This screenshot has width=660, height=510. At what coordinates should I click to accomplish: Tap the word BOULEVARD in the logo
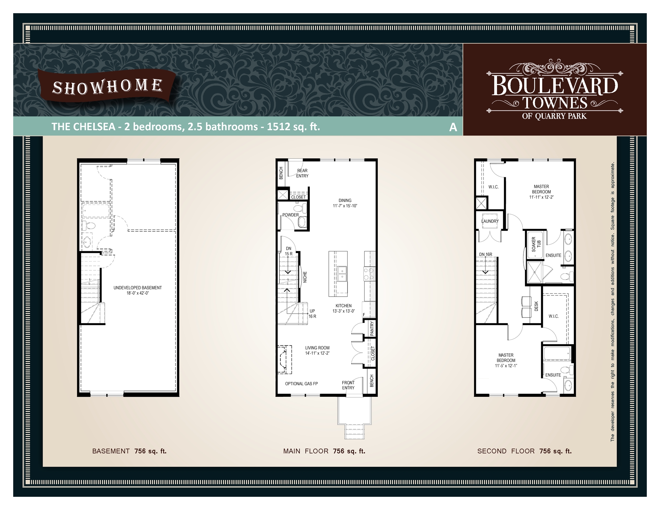tap(554, 86)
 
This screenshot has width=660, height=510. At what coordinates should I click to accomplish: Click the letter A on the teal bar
tap(453, 127)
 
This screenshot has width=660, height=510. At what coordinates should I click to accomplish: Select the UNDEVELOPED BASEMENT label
tap(138, 288)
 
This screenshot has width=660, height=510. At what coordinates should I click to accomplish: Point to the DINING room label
tap(345, 200)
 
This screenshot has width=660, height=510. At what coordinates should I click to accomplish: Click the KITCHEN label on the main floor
tap(344, 306)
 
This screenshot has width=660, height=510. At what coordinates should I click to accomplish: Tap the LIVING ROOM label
tap(317, 348)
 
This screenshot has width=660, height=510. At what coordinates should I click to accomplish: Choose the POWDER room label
tap(290, 215)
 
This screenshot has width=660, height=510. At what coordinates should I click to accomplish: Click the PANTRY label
tap(372, 328)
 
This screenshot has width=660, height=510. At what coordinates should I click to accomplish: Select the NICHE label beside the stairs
tap(305, 277)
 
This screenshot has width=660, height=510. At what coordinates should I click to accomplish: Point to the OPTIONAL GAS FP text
tap(301, 384)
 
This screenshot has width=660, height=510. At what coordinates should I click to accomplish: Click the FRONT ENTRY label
tap(348, 385)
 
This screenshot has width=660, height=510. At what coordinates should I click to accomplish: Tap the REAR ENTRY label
tap(302, 173)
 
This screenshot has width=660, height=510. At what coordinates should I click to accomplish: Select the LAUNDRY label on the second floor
tap(490, 221)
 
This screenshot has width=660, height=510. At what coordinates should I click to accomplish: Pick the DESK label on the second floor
tap(536, 306)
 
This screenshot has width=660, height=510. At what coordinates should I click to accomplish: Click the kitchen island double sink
tap(342, 274)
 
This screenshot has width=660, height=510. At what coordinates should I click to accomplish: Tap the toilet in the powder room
tap(299, 209)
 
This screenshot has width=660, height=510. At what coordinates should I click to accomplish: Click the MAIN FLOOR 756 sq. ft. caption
tap(324, 451)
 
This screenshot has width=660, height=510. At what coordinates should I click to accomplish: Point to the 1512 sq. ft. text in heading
tap(293, 127)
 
